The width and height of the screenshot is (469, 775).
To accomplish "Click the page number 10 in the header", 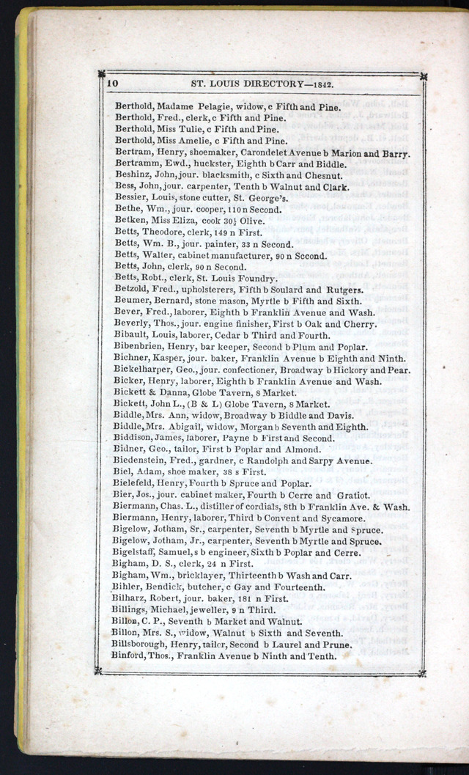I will pos(113,84).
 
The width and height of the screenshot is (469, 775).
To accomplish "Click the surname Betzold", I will pos(133,289).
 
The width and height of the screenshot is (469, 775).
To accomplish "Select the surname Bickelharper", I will pos(144,370).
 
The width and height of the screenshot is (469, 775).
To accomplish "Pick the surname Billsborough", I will pos(145,644).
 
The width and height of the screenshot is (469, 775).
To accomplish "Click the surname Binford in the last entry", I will pos(131,655).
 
